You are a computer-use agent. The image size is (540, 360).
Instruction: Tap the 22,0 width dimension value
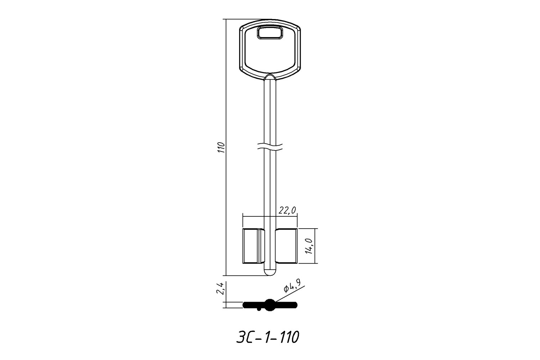click(287, 211)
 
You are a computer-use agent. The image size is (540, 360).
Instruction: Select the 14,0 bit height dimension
click(309, 246)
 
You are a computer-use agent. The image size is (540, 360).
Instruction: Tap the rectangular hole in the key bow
click(270, 33)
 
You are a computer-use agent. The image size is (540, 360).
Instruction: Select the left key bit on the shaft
click(253, 246)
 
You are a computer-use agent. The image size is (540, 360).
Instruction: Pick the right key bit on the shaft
click(286, 246)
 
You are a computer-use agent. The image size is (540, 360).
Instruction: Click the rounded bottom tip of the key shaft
click(270, 273)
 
